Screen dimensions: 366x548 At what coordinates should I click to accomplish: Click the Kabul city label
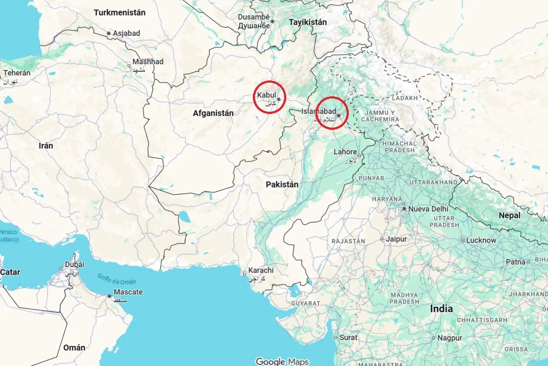266,95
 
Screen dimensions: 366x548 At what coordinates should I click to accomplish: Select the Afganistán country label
213,113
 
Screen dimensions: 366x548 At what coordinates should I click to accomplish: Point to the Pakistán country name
282,185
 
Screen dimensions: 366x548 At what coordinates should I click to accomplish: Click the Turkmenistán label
119,13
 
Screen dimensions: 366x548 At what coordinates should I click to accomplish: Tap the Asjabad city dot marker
109,33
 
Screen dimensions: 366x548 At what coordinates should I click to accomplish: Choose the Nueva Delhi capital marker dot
404,209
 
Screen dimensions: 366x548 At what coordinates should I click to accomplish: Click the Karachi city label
261,270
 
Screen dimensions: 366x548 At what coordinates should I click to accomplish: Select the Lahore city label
345,152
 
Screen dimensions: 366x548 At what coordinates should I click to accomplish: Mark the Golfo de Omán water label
117,279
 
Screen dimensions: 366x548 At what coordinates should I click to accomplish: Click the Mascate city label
128,292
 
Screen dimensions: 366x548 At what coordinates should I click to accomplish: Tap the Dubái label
74,264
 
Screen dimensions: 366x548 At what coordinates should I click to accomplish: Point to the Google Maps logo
282,362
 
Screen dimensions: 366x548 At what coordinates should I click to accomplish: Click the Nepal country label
509,216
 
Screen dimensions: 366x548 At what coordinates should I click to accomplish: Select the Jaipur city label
396,239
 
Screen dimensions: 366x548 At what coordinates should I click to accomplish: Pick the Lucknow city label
481,240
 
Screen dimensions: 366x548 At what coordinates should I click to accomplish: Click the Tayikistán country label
308,22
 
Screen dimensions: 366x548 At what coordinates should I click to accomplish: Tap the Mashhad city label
148,62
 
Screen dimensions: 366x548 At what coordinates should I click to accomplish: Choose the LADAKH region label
405,98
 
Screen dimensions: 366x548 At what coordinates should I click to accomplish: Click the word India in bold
441,309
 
